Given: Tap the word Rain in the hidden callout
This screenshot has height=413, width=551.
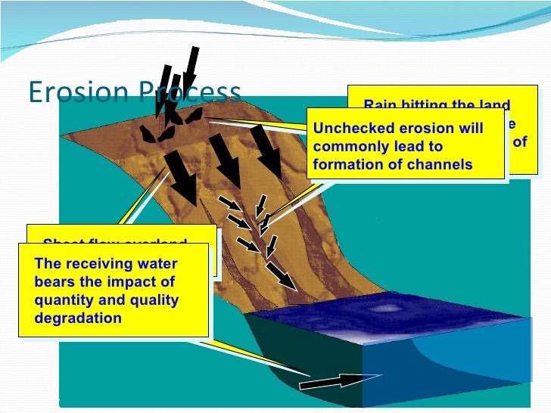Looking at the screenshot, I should [379, 106].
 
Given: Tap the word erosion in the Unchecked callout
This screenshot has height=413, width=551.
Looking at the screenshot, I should [418, 129].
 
